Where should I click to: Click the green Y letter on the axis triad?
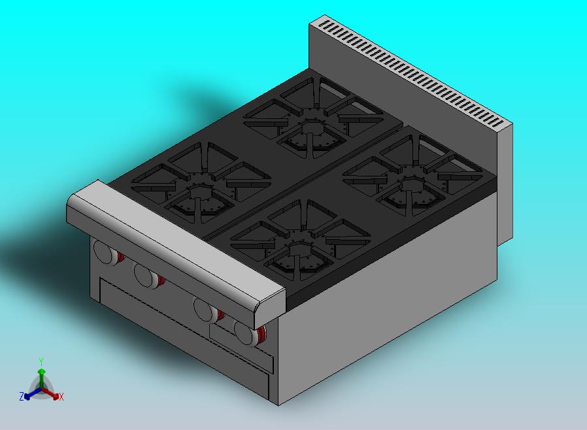[x=41, y=361]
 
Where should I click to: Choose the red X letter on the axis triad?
[x=61, y=397]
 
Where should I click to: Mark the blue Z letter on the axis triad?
[x=21, y=396]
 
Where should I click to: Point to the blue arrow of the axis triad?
[x=30, y=393]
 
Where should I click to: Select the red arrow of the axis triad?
[x=52, y=393]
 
